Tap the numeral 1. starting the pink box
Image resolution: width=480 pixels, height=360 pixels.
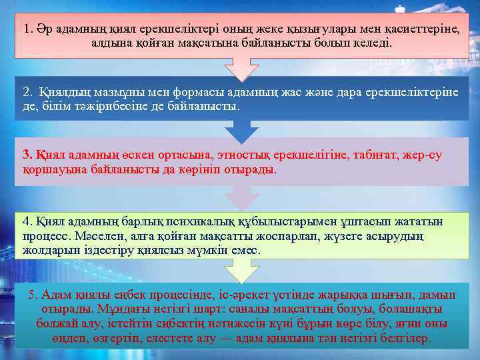click(28, 29)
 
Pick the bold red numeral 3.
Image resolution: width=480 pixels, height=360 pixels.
click(27, 155)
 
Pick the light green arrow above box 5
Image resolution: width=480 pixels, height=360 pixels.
click(240, 271)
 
